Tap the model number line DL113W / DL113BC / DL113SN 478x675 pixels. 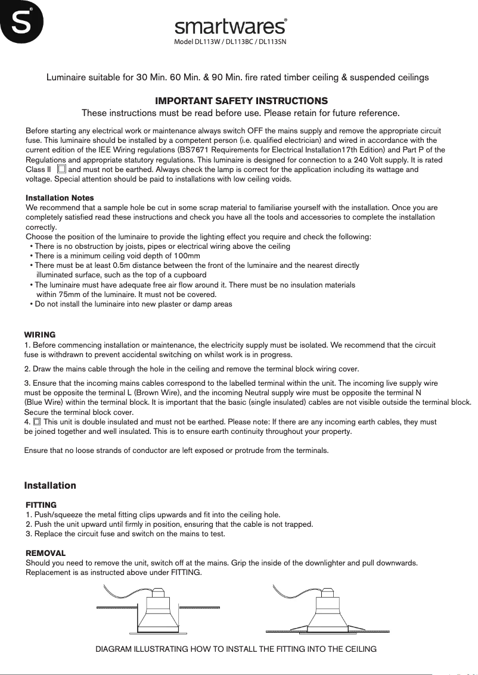point(231,43)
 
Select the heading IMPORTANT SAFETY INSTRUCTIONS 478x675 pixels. point(241,101)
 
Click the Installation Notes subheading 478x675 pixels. point(60,198)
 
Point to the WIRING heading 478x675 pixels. point(39,335)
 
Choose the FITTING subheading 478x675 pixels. point(41,505)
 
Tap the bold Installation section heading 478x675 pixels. point(50,486)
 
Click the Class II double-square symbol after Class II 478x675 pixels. point(61,170)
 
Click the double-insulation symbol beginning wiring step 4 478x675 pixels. point(37,422)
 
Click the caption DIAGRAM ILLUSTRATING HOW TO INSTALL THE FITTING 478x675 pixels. point(236,649)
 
